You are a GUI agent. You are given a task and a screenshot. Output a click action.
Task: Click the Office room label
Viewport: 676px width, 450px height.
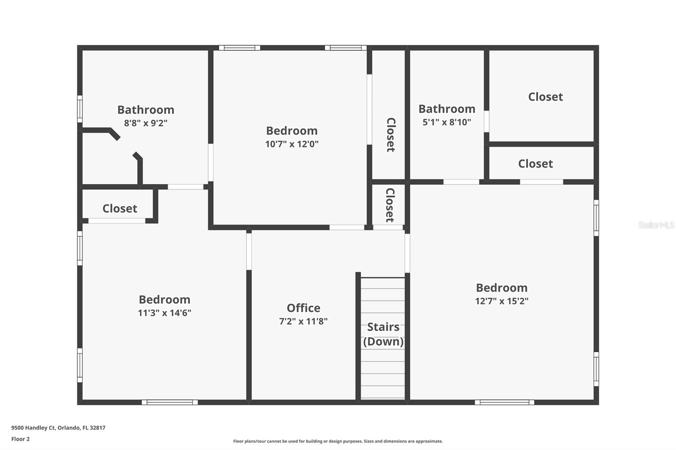click(303, 308)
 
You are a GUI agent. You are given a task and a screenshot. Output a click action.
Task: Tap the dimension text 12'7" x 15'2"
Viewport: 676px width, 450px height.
click(502, 301)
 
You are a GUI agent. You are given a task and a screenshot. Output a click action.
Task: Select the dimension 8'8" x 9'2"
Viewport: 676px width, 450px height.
click(146, 123)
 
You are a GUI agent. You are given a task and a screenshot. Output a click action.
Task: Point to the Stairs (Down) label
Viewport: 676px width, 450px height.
click(383, 334)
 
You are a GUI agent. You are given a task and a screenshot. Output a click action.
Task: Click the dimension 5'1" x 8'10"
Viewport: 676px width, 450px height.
click(447, 122)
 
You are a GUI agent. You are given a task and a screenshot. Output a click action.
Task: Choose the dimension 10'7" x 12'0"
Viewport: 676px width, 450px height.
click(292, 144)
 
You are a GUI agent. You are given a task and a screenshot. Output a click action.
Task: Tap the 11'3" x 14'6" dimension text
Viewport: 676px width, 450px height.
click(164, 313)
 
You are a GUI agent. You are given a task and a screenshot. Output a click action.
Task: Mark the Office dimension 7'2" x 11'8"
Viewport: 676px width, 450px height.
click(303, 321)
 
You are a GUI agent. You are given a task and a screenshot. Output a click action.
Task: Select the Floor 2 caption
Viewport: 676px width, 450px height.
click(20, 439)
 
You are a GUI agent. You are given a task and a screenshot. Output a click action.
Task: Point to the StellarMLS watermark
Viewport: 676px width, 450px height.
click(656, 225)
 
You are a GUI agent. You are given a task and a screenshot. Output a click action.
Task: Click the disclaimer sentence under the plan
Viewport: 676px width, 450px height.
click(338, 441)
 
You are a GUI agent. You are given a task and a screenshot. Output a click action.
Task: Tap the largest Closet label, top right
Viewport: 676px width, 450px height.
click(545, 97)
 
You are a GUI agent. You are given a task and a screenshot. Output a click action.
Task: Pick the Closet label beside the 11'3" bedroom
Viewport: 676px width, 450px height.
click(120, 209)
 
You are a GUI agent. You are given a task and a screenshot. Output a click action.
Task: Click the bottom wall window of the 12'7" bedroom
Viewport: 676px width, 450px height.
click(504, 402)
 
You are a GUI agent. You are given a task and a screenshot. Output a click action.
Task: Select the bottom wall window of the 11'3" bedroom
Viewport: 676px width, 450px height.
click(169, 402)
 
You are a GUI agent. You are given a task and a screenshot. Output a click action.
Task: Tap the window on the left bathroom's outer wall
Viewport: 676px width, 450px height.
click(79, 109)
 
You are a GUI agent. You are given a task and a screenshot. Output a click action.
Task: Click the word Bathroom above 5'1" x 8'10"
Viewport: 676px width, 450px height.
click(447, 109)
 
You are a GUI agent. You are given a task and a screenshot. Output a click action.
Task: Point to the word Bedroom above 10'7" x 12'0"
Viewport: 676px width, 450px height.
click(292, 131)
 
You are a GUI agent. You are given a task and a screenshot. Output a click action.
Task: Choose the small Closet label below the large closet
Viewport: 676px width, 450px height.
click(535, 164)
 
